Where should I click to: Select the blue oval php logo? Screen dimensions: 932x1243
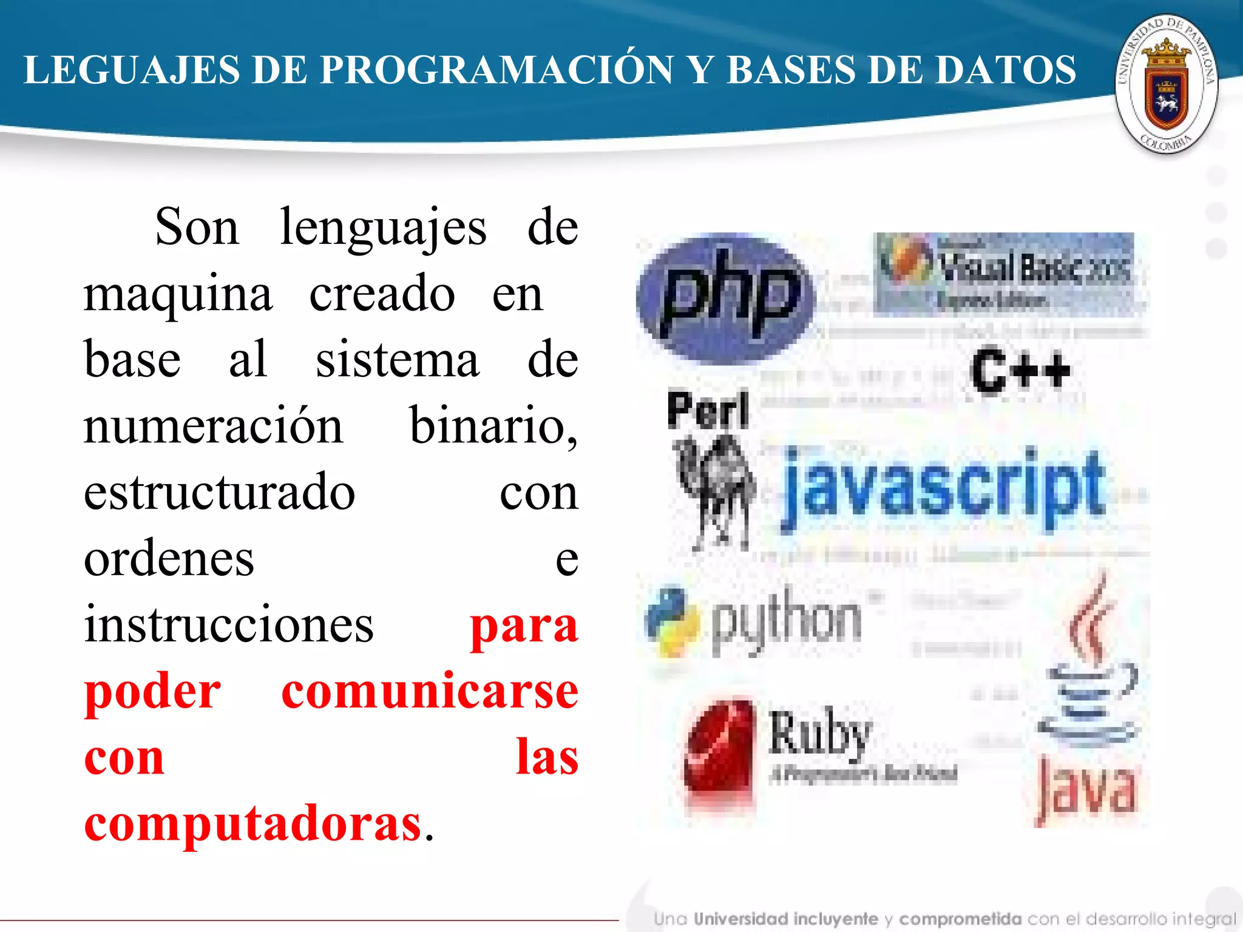tap(726, 297)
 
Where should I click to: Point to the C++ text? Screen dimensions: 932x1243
tap(1020, 370)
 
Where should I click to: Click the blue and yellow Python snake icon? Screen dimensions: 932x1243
tap(671, 621)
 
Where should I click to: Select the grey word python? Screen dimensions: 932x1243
tap(787, 621)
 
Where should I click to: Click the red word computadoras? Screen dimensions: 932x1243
tap(252, 823)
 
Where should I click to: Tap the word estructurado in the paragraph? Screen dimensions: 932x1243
tap(219, 492)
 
